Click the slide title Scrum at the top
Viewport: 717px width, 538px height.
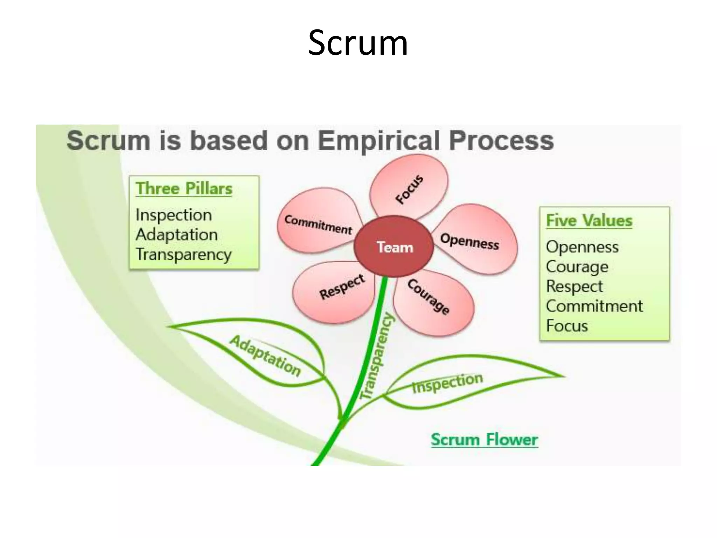pyautogui.click(x=358, y=43)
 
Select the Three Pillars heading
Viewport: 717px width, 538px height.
pyautogui.click(x=184, y=188)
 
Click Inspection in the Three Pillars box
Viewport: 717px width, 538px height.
pyautogui.click(x=174, y=215)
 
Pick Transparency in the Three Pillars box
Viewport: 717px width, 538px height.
pyautogui.click(x=183, y=254)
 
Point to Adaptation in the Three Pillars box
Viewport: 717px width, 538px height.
pyautogui.click(x=176, y=234)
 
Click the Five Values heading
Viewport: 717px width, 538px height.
pyautogui.click(x=589, y=221)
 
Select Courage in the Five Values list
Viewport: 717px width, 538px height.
pyautogui.click(x=577, y=267)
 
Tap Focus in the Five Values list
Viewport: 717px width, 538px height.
pyautogui.click(x=567, y=326)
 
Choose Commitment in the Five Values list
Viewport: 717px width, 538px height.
pyautogui.click(x=594, y=306)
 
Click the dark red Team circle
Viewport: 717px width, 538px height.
pyautogui.click(x=394, y=247)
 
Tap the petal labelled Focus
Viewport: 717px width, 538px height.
pyautogui.click(x=410, y=187)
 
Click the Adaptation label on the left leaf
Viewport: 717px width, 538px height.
pyautogui.click(x=265, y=356)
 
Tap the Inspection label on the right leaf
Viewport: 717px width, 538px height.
pyautogui.click(x=447, y=382)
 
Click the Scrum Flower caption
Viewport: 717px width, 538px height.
pyautogui.click(x=484, y=440)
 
